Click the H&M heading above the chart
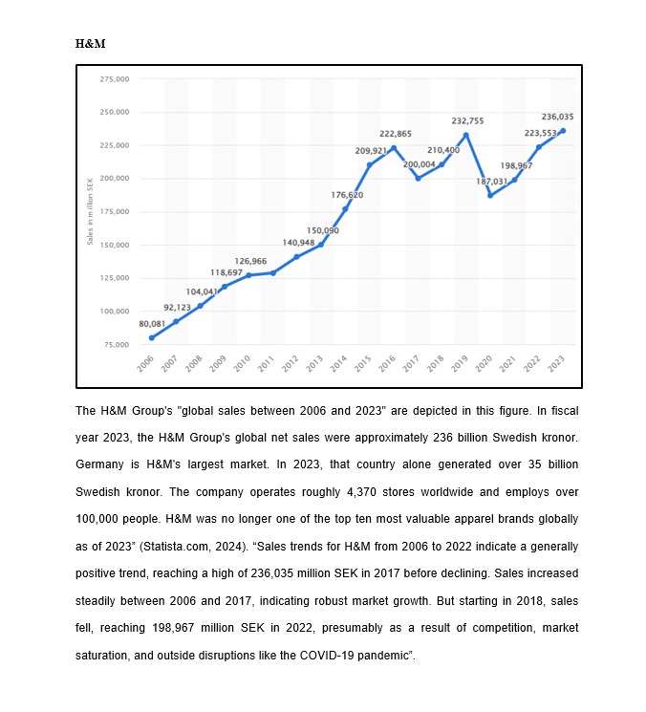(90, 44)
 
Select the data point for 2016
(394, 147)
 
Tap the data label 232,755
(467, 121)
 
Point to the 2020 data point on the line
(490, 195)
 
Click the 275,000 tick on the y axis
(114, 78)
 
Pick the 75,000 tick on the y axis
(116, 344)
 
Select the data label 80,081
(152, 324)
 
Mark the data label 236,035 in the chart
(557, 117)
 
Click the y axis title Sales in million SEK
(90, 211)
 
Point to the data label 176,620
(347, 195)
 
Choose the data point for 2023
(563, 131)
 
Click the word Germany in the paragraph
(98, 464)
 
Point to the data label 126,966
(250, 261)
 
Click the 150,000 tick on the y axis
(114, 245)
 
